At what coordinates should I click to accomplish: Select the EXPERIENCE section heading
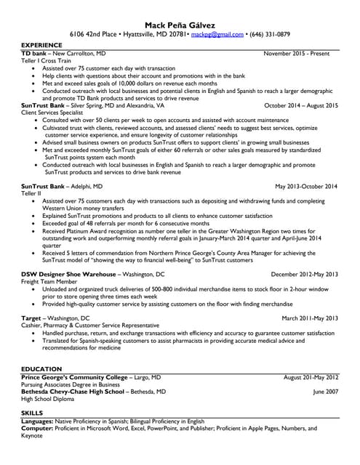[x=41, y=46]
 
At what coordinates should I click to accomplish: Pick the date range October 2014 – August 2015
[x=301, y=105]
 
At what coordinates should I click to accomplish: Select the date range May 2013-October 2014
[x=307, y=186]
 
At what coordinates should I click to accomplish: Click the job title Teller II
[x=31, y=193]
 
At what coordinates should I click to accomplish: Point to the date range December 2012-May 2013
[x=304, y=274]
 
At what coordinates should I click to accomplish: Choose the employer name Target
[x=31, y=318]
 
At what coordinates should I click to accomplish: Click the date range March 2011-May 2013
[x=309, y=318]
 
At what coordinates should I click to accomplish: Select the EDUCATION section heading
[x=41, y=370]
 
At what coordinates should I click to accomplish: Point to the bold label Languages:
[x=40, y=421]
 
